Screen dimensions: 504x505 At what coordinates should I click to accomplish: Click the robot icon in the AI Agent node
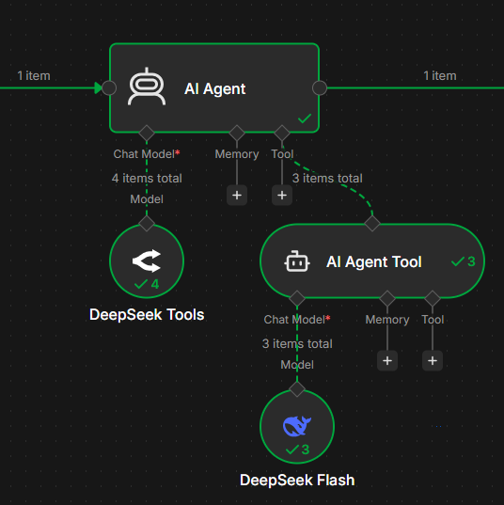147,87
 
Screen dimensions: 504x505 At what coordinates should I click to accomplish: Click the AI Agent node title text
214,88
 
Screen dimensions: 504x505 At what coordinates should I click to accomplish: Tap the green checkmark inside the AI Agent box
305,118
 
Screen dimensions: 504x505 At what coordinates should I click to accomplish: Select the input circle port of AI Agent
109,87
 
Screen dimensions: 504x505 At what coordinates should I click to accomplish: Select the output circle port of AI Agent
320,87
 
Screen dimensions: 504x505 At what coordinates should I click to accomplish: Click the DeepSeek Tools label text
147,315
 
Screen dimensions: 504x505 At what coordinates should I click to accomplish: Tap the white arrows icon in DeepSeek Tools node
147,260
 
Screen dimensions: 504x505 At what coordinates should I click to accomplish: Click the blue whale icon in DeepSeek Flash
297,426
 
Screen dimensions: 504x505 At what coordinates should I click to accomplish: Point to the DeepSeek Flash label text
297,480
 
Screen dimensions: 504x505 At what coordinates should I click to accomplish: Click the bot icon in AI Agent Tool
297,261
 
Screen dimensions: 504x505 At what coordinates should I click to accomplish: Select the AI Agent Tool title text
374,261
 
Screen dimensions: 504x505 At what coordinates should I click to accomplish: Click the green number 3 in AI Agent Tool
471,261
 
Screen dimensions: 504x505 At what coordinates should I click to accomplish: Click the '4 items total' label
147,178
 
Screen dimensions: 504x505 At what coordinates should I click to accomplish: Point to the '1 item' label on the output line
440,76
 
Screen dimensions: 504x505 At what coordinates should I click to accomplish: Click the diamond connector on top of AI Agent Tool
372,223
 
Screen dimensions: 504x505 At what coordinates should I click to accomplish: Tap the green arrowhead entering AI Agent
98,87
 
